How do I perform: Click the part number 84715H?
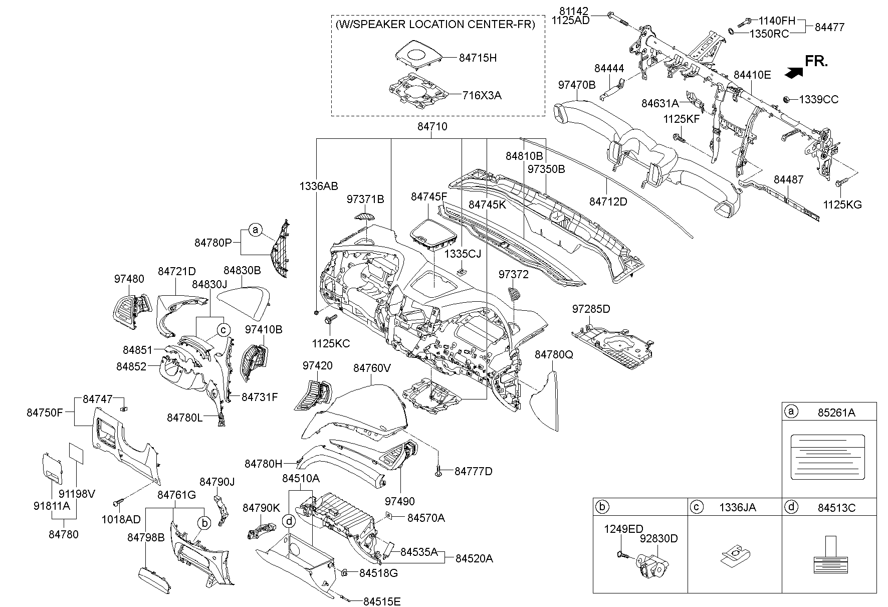tap(478, 58)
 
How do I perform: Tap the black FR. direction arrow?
tap(793, 73)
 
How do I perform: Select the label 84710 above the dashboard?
tap(432, 127)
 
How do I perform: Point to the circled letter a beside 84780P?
tap(256, 231)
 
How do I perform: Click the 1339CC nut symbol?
tap(786, 99)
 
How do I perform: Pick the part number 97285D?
tap(591, 309)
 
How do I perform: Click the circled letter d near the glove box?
tap(289, 521)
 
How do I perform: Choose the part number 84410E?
tap(752, 75)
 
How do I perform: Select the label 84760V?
tap(372, 368)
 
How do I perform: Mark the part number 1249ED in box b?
tap(623, 529)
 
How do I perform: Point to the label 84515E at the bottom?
tap(382, 601)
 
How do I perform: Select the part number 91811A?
tap(52, 506)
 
